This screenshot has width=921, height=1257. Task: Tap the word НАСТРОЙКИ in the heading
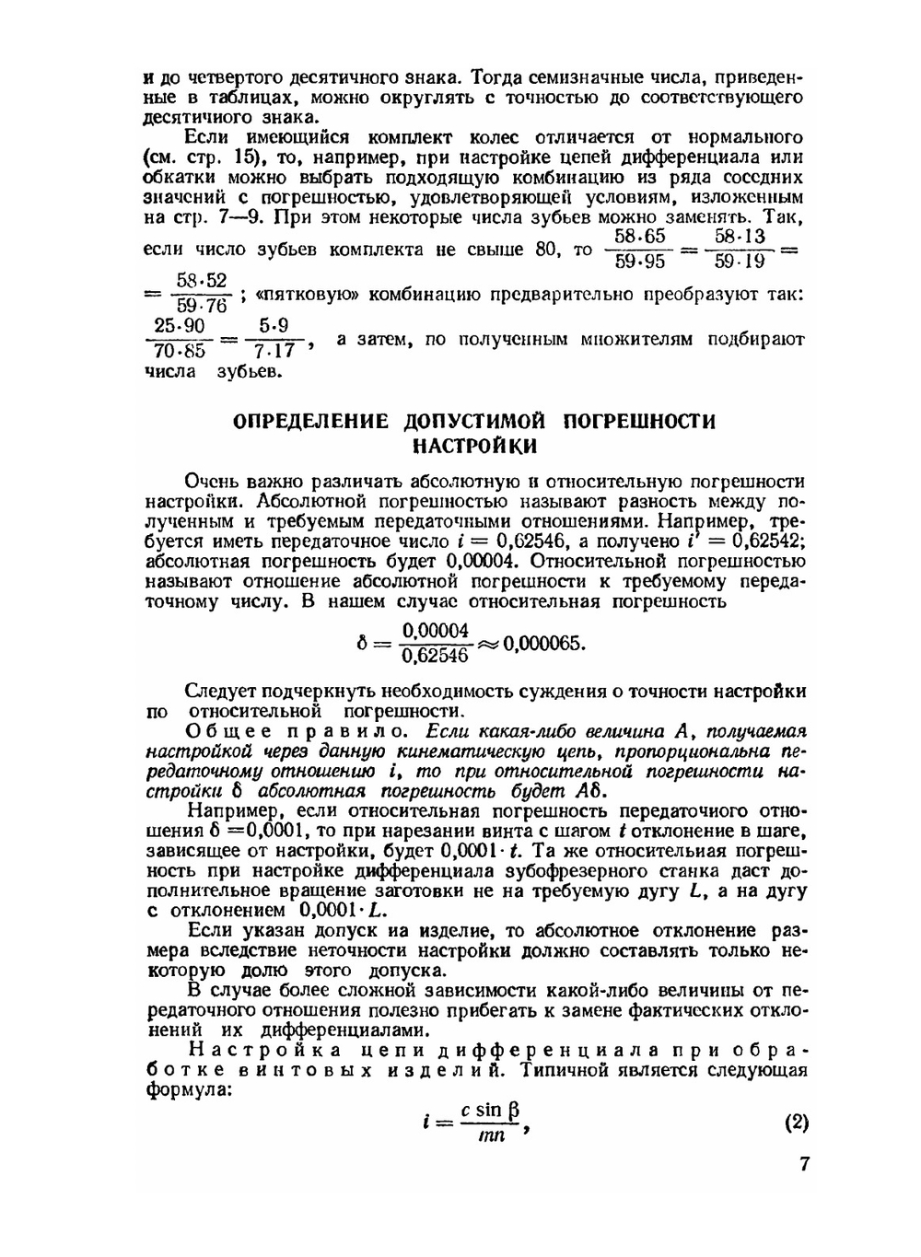click(x=474, y=447)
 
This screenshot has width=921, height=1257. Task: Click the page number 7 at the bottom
click(x=804, y=1165)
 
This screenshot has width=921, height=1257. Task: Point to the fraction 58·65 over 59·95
click(x=639, y=249)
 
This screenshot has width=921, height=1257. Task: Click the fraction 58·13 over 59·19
click(x=740, y=249)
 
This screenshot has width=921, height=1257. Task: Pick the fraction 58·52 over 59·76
click(x=202, y=293)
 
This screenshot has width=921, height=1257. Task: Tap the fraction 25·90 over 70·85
click(x=181, y=338)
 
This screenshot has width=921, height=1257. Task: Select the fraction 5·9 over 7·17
click(x=274, y=338)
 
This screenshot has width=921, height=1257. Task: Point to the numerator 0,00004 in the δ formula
click(x=436, y=631)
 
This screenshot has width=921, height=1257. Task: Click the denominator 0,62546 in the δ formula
click(x=436, y=656)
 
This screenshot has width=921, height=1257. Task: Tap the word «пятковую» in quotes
click(x=302, y=295)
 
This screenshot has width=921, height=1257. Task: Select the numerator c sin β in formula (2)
click(x=491, y=1111)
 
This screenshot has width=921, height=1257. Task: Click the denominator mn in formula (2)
click(x=491, y=1136)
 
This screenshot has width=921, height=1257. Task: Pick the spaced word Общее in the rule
click(x=222, y=732)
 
